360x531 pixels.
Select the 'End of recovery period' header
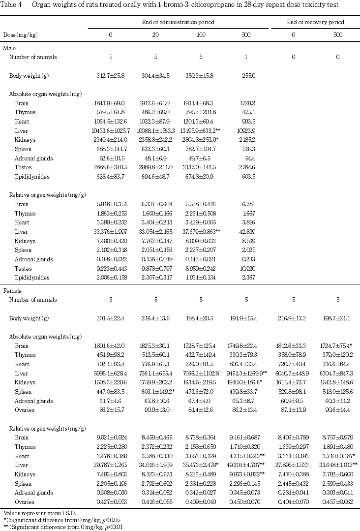[315, 23]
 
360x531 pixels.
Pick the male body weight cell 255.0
[246, 75]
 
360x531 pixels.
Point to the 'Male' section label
[9, 48]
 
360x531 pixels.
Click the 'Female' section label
[12, 291]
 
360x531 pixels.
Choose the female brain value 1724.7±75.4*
[338, 346]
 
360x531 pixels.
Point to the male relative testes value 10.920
[246, 269]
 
